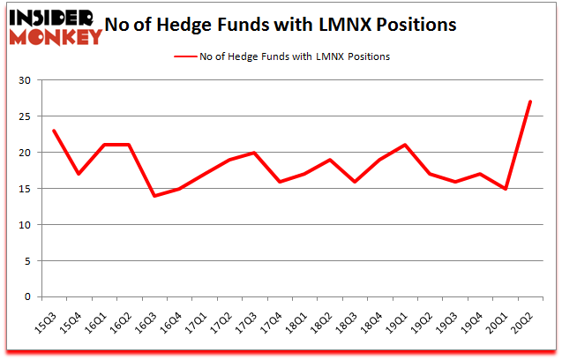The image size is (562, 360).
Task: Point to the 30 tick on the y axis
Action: [25, 80]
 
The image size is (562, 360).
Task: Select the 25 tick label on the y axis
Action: [25, 116]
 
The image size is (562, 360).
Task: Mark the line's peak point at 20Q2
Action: [528, 101]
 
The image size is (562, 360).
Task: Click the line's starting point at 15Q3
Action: [54, 131]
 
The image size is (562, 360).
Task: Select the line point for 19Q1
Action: [404, 145]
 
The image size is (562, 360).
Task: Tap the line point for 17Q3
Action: [254, 153]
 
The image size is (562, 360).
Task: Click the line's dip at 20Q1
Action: [504, 188]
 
